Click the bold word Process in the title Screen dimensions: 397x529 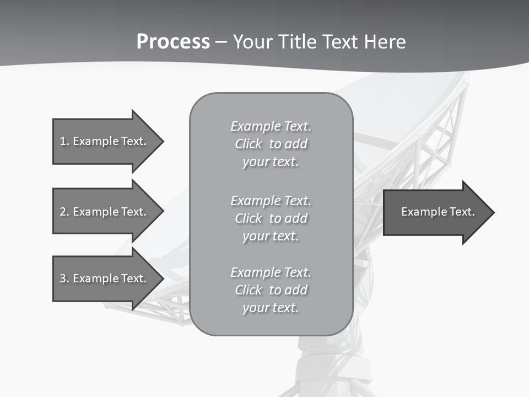[x=173, y=42]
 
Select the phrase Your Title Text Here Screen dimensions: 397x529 [x=320, y=42]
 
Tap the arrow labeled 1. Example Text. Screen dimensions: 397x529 [x=105, y=141]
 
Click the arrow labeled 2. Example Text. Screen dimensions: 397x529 [x=105, y=212]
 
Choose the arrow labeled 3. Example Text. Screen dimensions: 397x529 [x=105, y=278]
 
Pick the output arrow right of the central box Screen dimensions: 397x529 [x=435, y=212]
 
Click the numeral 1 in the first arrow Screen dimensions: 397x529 [x=62, y=141]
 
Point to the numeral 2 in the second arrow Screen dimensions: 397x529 [x=62, y=212]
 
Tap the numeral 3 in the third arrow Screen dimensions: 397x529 [x=62, y=278]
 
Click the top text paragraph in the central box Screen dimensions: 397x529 [x=271, y=144]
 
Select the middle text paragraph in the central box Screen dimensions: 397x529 [x=271, y=218]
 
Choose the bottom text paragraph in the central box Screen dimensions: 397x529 [x=271, y=290]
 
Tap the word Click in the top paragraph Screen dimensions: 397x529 [x=249, y=144]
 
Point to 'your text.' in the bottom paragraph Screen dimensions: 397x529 [x=271, y=308]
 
